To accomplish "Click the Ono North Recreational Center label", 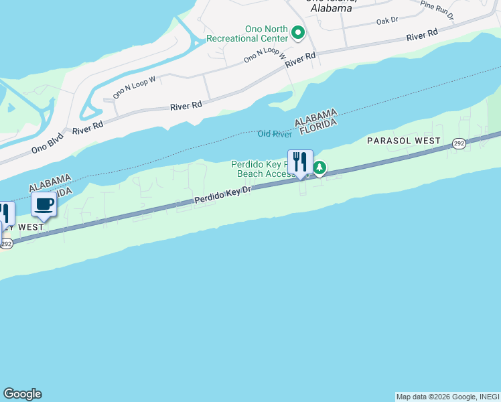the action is [x=247, y=33].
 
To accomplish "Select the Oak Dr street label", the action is [x=387, y=21].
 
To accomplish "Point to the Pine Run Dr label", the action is [x=437, y=8].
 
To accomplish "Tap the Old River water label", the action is [x=275, y=134].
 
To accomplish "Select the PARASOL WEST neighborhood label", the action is [x=404, y=141].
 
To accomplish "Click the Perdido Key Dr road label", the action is [x=222, y=195].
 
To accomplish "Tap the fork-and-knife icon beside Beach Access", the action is [x=300, y=161].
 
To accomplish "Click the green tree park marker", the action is [x=320, y=167].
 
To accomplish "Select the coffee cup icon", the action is [x=44, y=204].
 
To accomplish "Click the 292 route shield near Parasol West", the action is [x=459, y=143].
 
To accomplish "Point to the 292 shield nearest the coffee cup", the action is [x=5, y=243].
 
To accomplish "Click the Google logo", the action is [x=22, y=394].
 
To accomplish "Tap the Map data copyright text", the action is [x=447, y=397].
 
